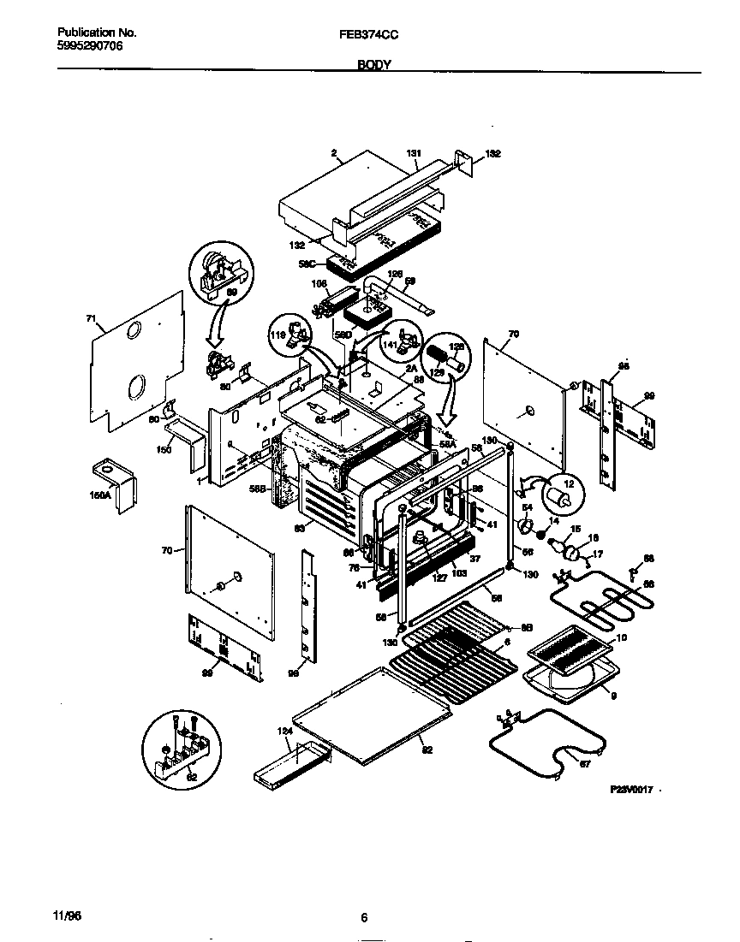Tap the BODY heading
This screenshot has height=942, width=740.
coord(374,65)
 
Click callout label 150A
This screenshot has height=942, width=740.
coord(99,494)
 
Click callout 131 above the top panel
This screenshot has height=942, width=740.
coord(414,154)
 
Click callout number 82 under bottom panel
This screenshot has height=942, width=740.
coord(427,749)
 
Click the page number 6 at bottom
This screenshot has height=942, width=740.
coord(364,917)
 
